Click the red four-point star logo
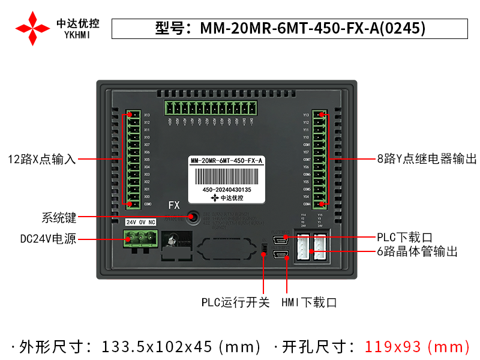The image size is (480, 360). click(32, 28)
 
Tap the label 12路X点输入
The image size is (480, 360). click(42, 159)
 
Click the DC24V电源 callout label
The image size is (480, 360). click(48, 239)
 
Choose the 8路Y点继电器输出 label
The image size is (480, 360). click(427, 159)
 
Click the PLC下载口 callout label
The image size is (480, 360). click(404, 238)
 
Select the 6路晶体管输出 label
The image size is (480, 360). click(418, 252)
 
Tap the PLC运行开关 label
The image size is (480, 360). click(235, 302)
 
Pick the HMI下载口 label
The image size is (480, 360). click(309, 302)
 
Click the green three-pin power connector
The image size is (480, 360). click(140, 238)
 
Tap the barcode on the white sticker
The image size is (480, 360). click(227, 176)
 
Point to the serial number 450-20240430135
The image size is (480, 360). click(227, 190)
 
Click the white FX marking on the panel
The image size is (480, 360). click(174, 205)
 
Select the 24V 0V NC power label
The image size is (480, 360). click(140, 222)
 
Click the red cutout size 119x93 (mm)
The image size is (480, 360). click(418, 347)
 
